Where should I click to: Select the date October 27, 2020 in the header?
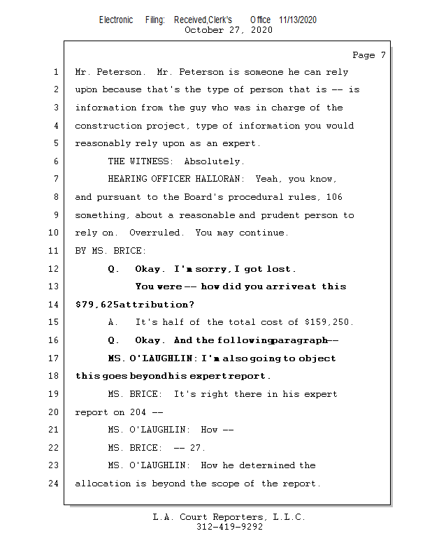point(228,30)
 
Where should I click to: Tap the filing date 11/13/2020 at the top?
point(298,20)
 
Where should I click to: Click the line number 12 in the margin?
point(55,268)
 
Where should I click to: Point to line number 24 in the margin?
point(55,483)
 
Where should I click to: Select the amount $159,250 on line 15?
point(329,322)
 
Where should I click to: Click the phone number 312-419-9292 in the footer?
point(229,528)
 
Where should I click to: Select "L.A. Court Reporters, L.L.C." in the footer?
point(229,518)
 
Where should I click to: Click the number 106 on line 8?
point(334,197)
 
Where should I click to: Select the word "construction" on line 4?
point(108,126)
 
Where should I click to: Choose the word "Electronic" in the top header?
point(116,20)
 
